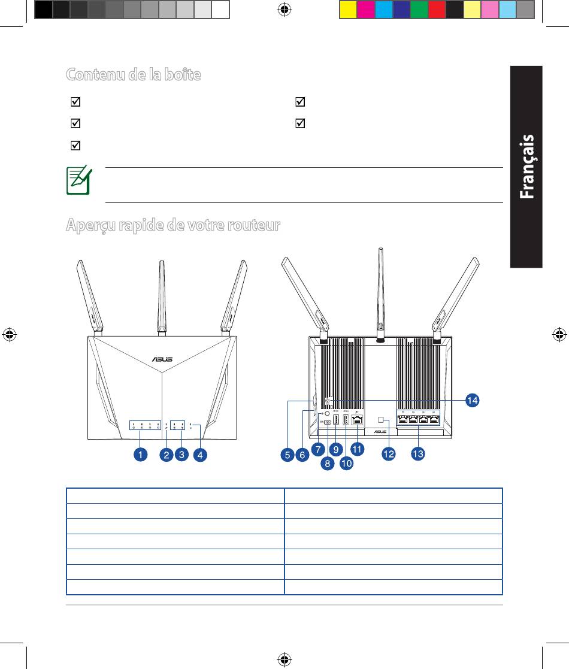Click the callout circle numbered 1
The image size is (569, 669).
pyautogui.click(x=140, y=455)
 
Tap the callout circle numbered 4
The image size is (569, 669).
pyautogui.click(x=200, y=455)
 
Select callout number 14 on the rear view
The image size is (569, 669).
pyautogui.click(x=472, y=400)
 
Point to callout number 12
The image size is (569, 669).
pyautogui.click(x=388, y=453)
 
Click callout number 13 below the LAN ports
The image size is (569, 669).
pyautogui.click(x=417, y=453)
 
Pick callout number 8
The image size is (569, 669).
pyautogui.click(x=327, y=463)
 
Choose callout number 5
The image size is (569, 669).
pyautogui.click(x=287, y=455)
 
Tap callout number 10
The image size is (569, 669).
pyautogui.click(x=346, y=463)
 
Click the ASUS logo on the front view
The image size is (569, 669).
pyautogui.click(x=162, y=359)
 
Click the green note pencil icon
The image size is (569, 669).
pyautogui.click(x=79, y=180)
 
